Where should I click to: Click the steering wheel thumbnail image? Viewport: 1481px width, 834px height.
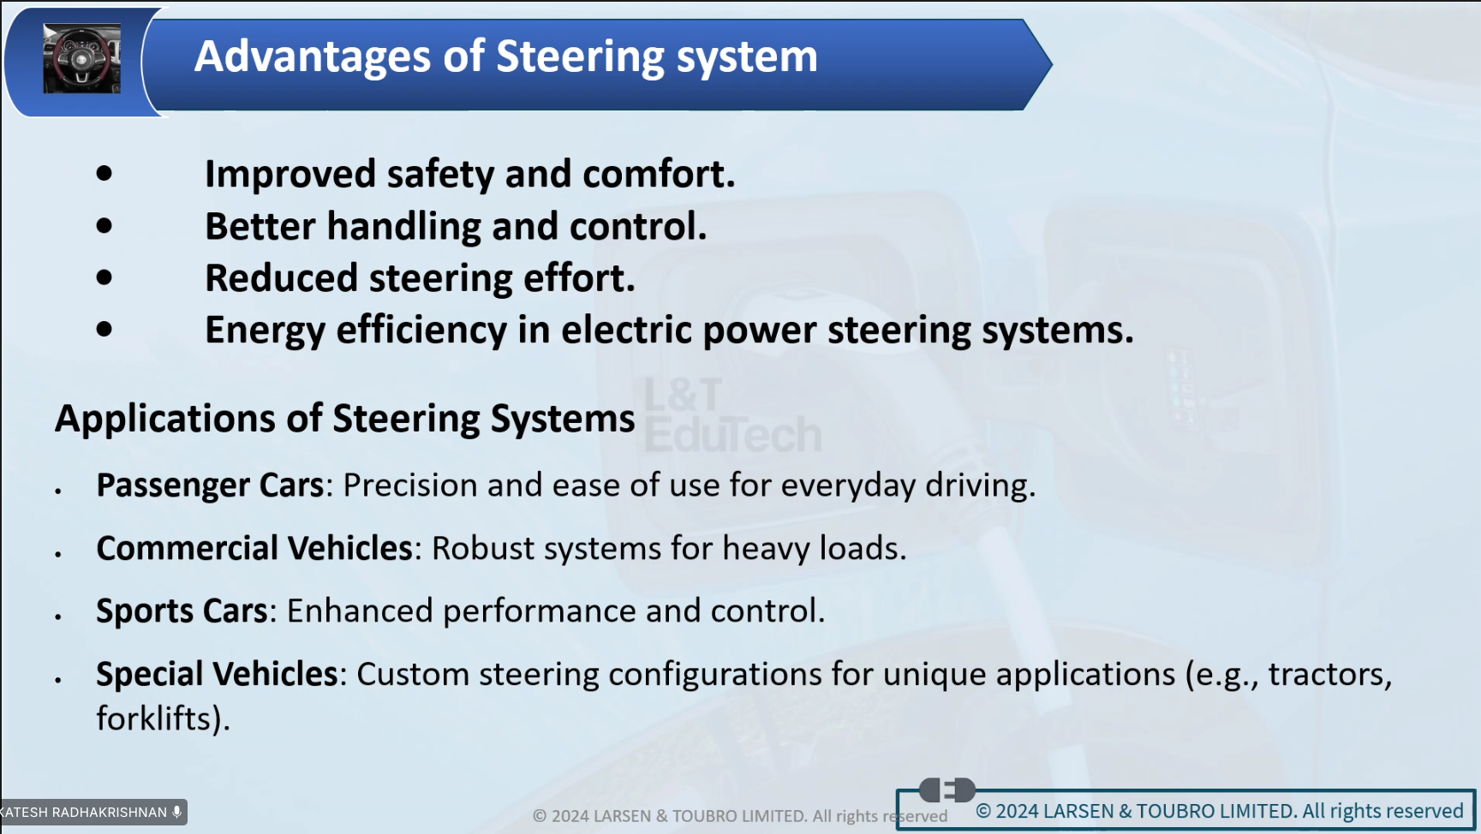tap(81, 58)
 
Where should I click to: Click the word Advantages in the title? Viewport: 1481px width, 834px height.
tap(314, 57)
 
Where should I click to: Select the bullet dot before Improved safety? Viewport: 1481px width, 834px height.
tap(105, 174)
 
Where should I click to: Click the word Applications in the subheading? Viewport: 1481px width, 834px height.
tap(165, 420)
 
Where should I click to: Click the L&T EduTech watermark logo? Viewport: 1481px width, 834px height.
tap(732, 415)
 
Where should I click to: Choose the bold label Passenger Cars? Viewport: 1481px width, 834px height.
tap(210, 486)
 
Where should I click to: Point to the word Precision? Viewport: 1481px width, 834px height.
tap(410, 486)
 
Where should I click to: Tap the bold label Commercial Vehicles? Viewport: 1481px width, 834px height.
tap(254, 548)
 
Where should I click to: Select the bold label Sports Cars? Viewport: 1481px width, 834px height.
tap(182, 611)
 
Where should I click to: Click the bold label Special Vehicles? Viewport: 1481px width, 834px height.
tap(217, 675)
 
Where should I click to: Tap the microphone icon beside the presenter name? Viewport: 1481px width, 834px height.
tap(176, 812)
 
